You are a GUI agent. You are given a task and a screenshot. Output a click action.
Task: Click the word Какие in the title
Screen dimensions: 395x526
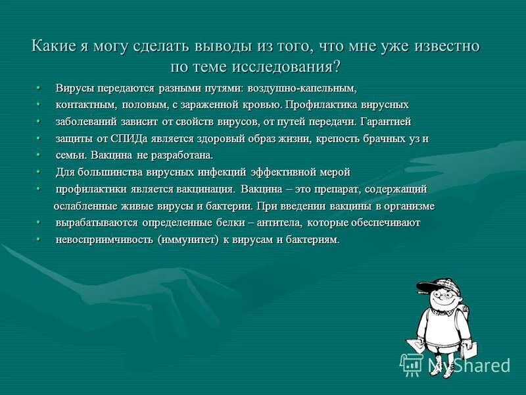[x=54, y=47]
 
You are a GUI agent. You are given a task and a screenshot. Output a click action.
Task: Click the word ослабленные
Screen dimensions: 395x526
[x=84, y=207]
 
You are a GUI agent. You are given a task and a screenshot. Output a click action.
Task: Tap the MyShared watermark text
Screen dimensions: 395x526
[x=469, y=365]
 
